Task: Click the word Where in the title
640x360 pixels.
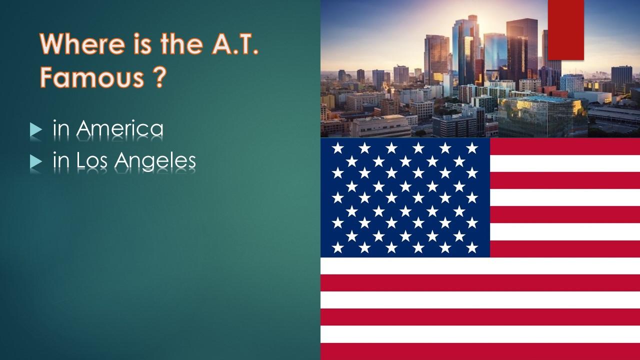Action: [82, 43]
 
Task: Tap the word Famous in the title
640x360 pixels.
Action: [91, 77]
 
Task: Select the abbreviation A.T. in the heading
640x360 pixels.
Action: [235, 43]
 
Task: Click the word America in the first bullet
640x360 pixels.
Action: [119, 128]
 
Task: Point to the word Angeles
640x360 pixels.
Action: [155, 160]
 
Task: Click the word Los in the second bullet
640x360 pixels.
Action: [92, 160]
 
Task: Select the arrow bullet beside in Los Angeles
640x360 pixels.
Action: [36, 161]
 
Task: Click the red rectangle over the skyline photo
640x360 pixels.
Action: [565, 30]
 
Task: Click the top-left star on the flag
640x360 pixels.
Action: [337, 148]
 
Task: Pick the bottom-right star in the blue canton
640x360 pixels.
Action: [472, 247]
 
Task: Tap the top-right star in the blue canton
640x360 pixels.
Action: [472, 148]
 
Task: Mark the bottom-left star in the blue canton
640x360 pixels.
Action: [337, 247]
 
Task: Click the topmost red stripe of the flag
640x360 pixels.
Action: [565, 146]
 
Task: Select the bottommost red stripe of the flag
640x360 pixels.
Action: [480, 351]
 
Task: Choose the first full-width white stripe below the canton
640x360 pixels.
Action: [480, 266]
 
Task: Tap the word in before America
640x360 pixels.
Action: [61, 128]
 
